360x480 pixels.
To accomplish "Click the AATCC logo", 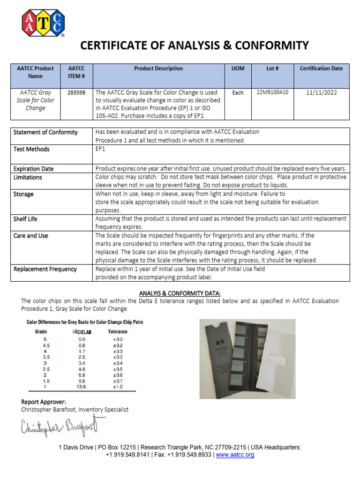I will (43, 23).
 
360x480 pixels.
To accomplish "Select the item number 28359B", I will (76, 93).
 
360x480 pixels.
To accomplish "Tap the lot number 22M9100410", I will (272, 92).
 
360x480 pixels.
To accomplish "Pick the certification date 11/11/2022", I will (321, 93).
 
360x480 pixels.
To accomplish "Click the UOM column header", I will (238, 68).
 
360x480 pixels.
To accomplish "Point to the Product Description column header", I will (158, 68).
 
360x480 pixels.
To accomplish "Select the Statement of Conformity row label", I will (45, 132).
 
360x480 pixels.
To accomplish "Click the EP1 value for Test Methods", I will (101, 149).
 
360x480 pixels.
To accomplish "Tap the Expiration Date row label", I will (33, 169).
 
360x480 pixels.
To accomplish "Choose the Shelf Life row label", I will (25, 219).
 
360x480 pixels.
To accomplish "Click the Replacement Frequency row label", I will (45, 269).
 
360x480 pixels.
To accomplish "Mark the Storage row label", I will (23, 194).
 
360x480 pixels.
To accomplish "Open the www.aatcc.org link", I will (235, 455).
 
